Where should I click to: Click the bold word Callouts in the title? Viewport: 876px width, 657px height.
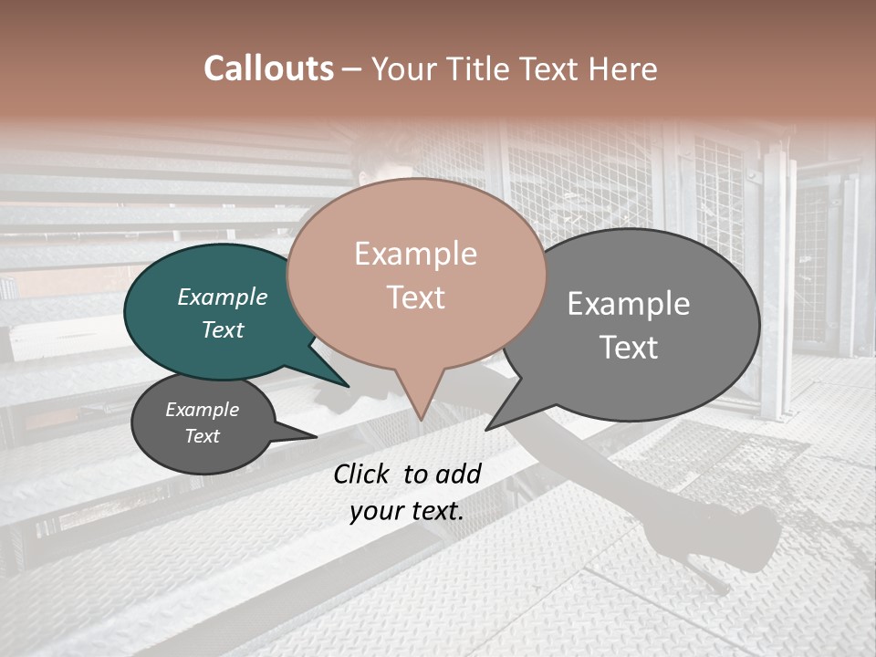click(268, 68)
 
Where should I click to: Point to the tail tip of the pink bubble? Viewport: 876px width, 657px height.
click(421, 419)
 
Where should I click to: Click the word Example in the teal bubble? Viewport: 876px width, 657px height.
click(222, 297)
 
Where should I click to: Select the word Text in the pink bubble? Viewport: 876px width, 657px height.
click(416, 297)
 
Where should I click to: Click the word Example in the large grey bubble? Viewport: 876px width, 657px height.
click(629, 303)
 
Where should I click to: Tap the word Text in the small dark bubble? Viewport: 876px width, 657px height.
click(203, 436)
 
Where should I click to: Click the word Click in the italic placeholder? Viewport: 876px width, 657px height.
click(363, 474)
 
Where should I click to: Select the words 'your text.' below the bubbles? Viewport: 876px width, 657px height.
click(407, 511)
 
